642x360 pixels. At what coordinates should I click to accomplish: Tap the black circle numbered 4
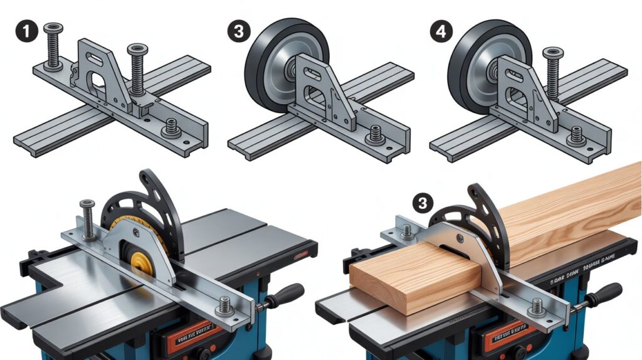coord(443,31)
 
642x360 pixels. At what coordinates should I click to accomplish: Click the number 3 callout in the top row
coord(237,31)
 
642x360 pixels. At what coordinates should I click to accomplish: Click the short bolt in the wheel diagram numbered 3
coord(376,134)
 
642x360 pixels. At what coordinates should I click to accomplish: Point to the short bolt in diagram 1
coord(169,129)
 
